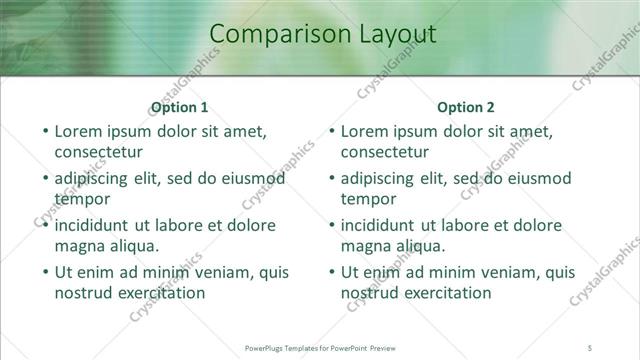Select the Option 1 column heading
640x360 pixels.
coord(180,107)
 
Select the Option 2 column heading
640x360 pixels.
coord(466,107)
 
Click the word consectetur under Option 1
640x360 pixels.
coord(98,152)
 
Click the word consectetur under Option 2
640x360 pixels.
coord(384,152)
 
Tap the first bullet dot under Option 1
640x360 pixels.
coord(44,131)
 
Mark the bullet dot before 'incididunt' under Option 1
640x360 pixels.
coord(44,225)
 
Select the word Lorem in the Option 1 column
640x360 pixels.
coord(78,130)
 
